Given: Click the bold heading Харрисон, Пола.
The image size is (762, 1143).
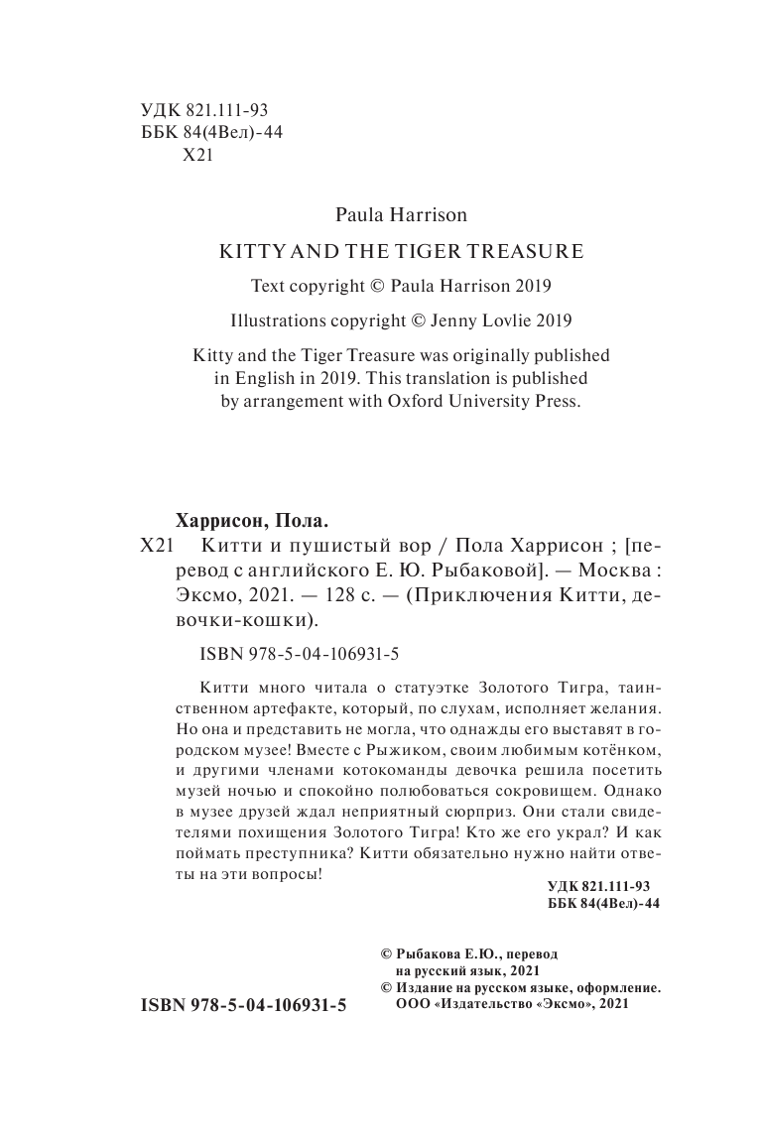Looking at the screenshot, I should [250, 519].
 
